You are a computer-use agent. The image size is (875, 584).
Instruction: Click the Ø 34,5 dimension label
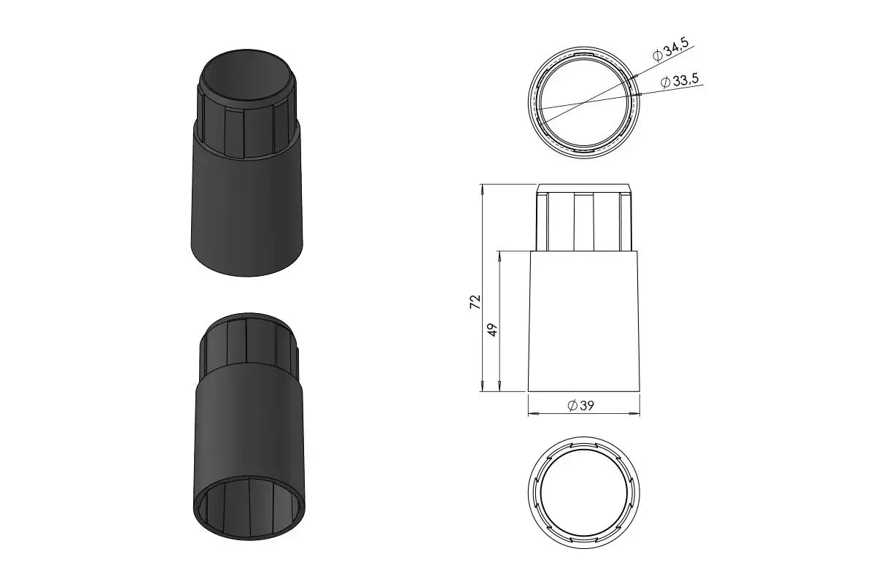[671, 50]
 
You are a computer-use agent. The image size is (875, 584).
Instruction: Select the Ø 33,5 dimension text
[680, 80]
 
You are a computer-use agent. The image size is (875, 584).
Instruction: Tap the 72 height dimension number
[475, 302]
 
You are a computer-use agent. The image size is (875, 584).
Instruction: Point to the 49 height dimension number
[493, 330]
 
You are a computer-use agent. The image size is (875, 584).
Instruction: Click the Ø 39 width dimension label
[580, 406]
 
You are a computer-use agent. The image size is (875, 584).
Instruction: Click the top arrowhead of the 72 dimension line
[483, 188]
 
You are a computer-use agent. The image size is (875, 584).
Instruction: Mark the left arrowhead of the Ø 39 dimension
[533, 413]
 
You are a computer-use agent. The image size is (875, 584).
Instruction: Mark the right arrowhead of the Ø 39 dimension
[635, 413]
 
